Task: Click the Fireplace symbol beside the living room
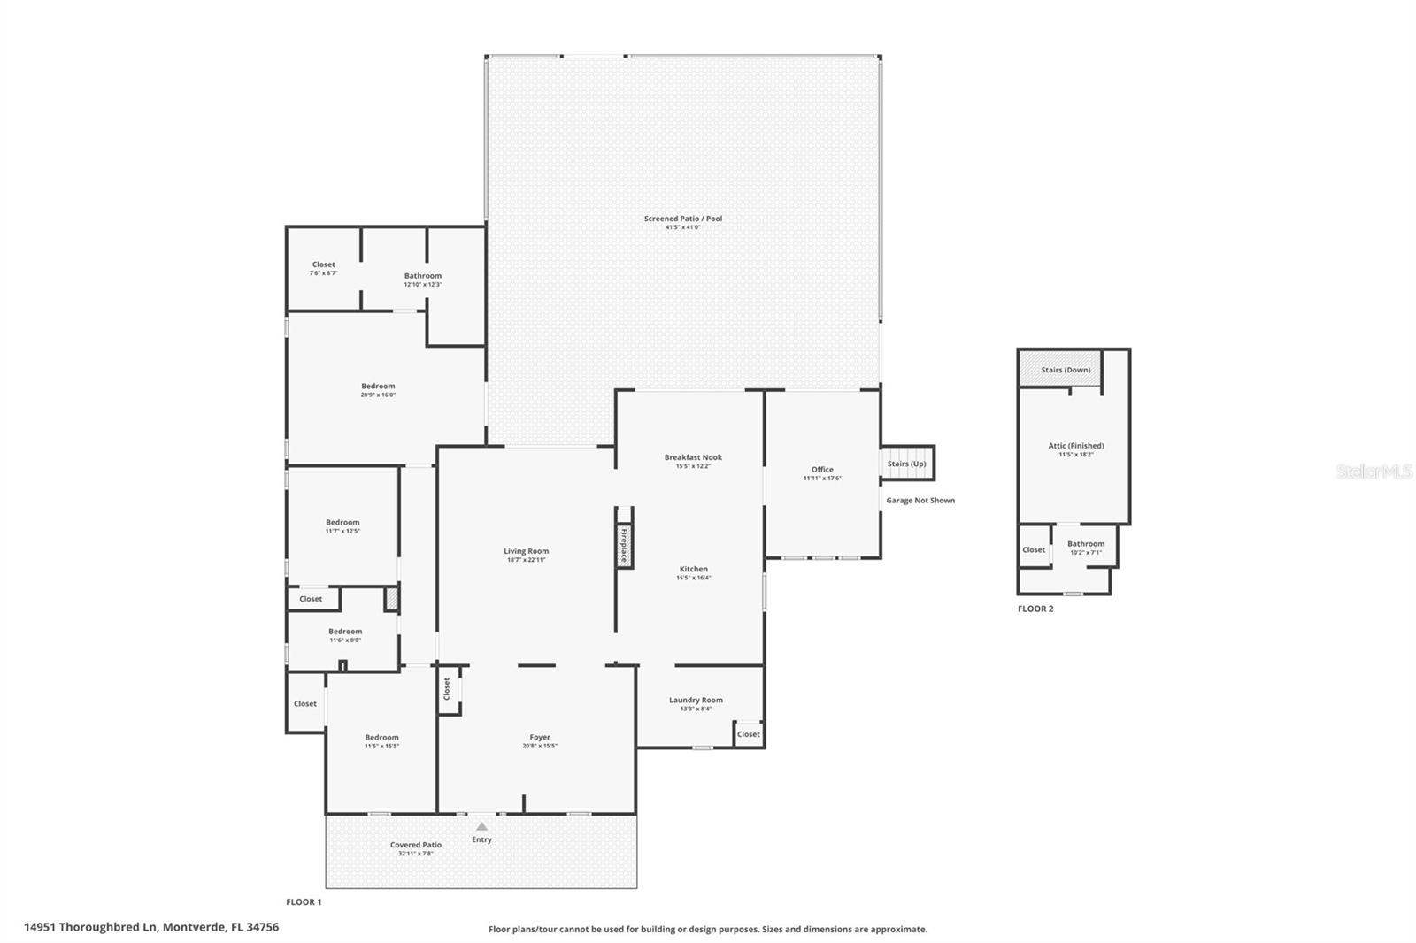click(x=624, y=545)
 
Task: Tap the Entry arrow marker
click(x=481, y=826)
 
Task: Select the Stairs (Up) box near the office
click(x=907, y=464)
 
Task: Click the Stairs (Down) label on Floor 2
click(x=1066, y=370)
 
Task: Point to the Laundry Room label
click(x=696, y=700)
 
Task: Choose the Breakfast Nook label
click(x=693, y=457)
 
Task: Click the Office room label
click(x=822, y=470)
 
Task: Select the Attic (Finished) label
click(x=1075, y=446)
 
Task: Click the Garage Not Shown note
click(x=920, y=501)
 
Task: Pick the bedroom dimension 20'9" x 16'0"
click(x=378, y=395)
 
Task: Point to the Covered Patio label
click(x=416, y=845)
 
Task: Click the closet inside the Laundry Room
click(x=749, y=734)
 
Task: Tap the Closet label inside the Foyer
click(x=447, y=687)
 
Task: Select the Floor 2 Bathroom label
click(x=1085, y=544)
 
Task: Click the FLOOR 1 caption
click(x=304, y=902)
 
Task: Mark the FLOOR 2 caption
click(x=1035, y=609)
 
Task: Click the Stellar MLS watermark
click(x=1374, y=471)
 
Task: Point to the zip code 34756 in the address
click(x=263, y=927)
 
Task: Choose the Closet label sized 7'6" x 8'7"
click(x=323, y=264)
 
